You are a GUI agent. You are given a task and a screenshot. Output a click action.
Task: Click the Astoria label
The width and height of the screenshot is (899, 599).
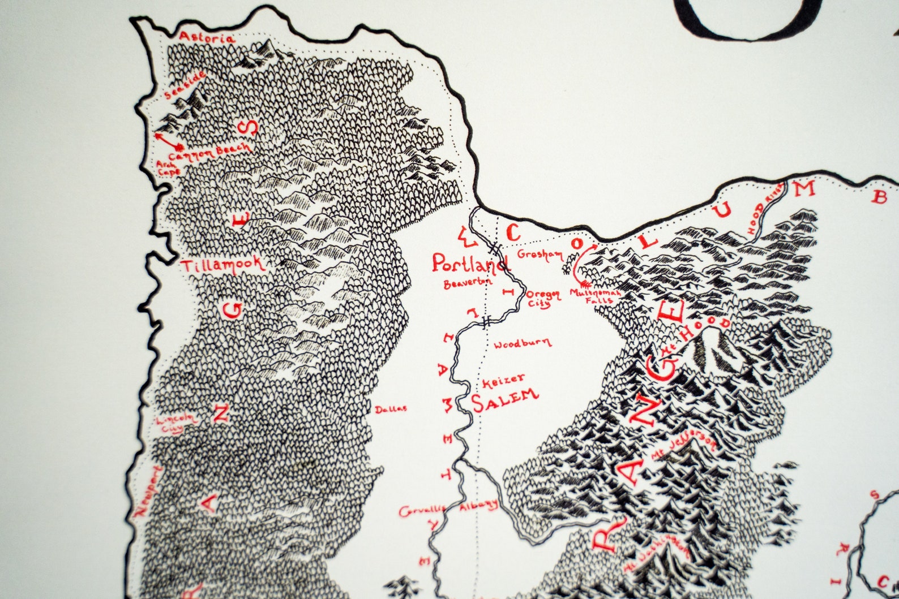pos(206,38)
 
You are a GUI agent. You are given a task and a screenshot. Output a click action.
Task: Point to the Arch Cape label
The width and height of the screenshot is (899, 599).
pos(168,167)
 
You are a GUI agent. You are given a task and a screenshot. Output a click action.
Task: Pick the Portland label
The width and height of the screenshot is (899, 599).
pos(469,263)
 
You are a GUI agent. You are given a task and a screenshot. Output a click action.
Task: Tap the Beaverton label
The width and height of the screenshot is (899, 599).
pos(468,282)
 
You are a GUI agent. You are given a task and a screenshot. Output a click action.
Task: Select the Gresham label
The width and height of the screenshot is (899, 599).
pos(540,255)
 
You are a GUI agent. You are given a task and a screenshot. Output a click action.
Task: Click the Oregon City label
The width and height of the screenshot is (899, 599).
pos(543,298)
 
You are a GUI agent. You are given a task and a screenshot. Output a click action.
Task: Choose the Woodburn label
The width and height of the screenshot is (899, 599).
pos(521,343)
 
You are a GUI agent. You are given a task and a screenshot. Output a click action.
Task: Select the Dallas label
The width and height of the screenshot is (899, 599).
pos(391,409)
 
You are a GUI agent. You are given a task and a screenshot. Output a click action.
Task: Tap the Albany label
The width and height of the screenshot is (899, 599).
pos(479,505)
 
